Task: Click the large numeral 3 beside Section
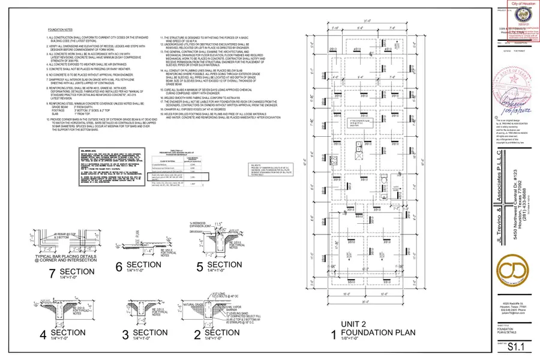[x=125, y=334]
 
